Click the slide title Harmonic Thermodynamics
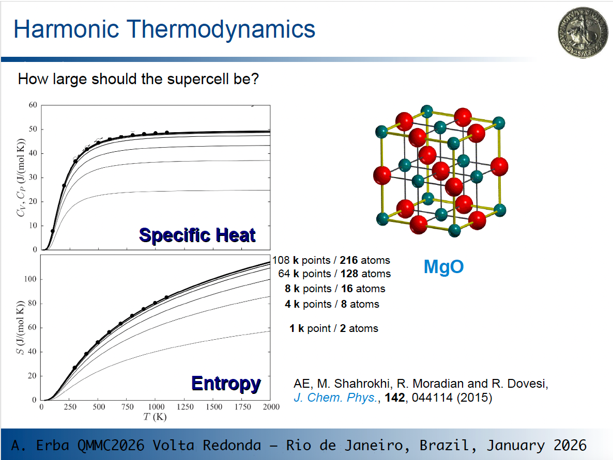tap(164, 29)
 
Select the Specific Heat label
tap(197, 235)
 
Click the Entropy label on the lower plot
tap(226, 383)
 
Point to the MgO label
tap(443, 267)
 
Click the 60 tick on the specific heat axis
tap(33, 105)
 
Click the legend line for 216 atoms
tap(331, 260)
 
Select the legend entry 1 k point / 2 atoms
tap(333, 328)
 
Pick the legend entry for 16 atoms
tap(335, 289)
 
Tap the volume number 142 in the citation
tap(395, 398)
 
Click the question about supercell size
tap(138, 80)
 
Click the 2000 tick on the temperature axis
tap(270, 407)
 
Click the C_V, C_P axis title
tap(20, 178)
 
